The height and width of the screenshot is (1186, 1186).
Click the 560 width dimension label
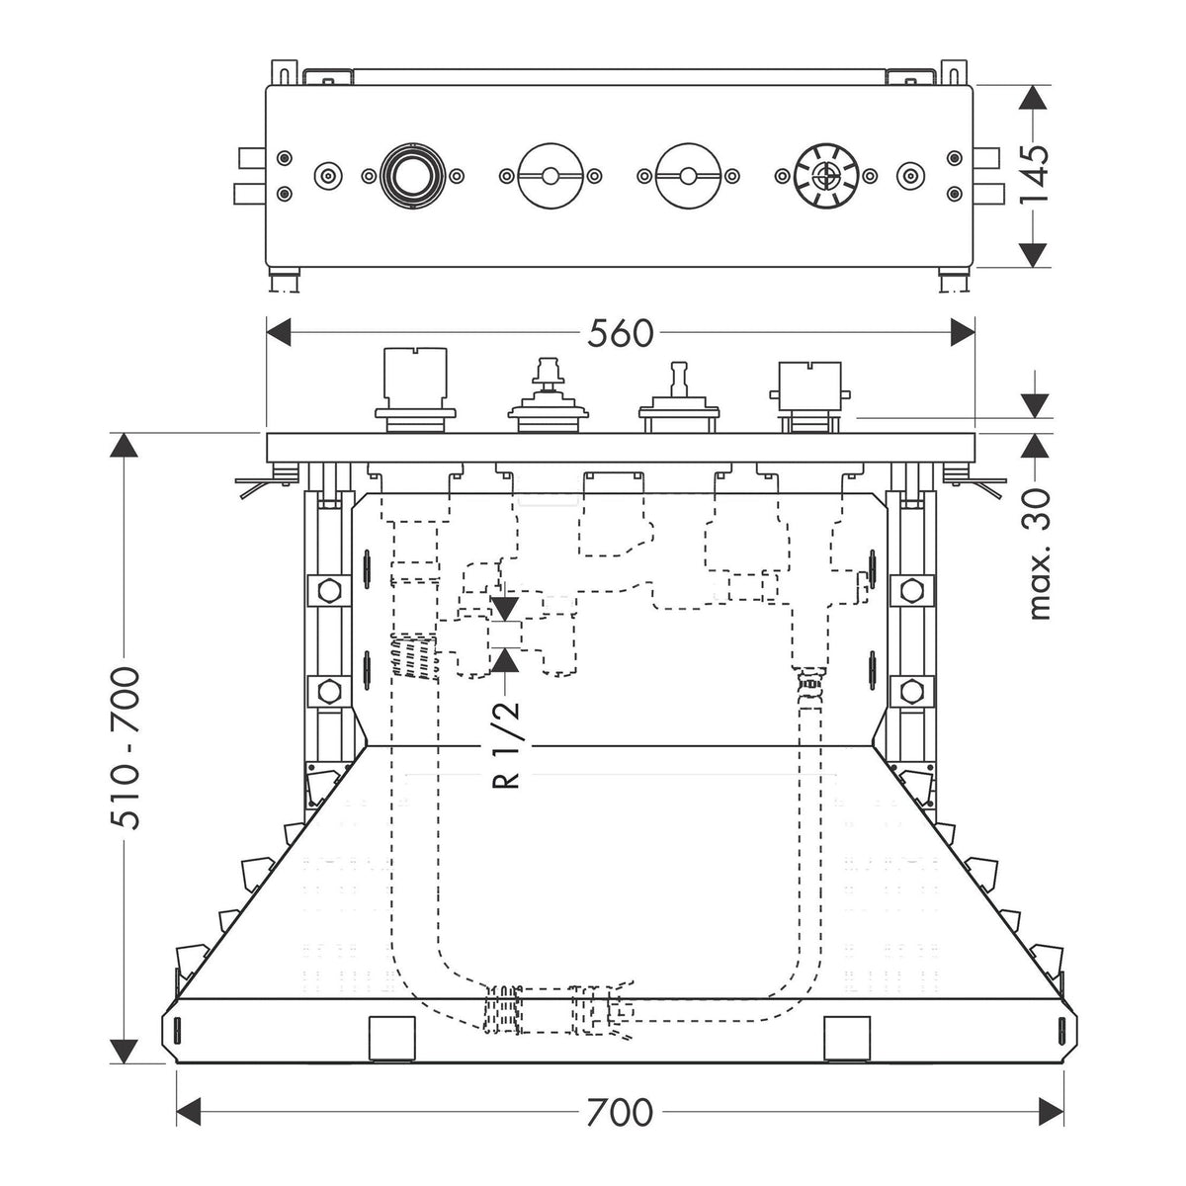(x=619, y=334)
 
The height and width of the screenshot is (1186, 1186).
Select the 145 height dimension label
(x=1033, y=174)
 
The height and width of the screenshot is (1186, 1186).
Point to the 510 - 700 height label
(x=125, y=748)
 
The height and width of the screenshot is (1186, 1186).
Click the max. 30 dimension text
(x=1037, y=553)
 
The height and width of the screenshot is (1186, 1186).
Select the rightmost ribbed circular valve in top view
(x=825, y=176)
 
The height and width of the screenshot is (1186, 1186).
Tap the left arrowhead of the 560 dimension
(x=278, y=333)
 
